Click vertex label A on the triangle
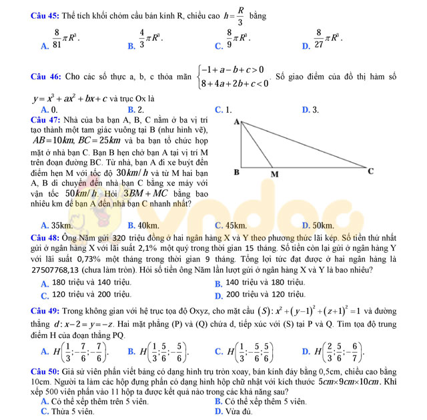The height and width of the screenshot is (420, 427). pos(237,122)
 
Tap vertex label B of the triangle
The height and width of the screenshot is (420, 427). pos(238,172)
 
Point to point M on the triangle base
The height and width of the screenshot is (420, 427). pos(274,174)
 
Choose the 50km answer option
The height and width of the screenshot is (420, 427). pos(323,225)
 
